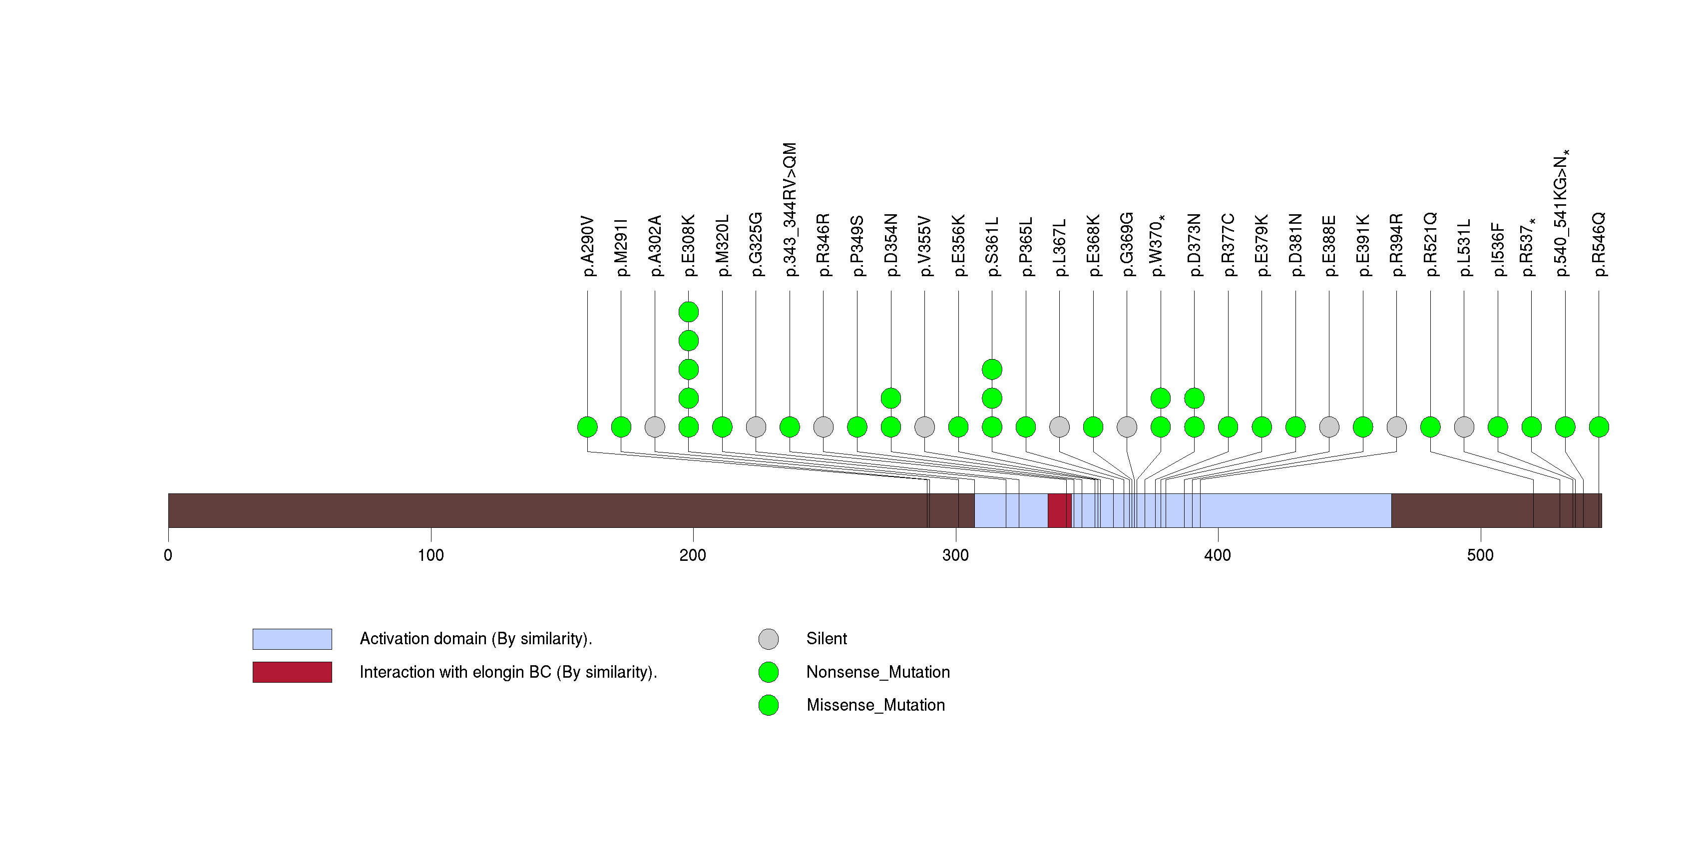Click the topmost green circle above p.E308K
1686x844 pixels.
[689, 312]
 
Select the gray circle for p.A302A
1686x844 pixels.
[655, 427]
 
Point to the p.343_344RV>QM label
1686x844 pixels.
[790, 209]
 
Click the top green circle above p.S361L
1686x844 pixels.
[992, 370]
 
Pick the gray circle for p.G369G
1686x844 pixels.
[1127, 427]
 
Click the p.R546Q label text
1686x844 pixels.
[1599, 244]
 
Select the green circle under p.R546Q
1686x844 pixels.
[1599, 427]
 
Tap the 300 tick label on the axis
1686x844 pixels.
[955, 555]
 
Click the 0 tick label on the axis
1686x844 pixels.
[168, 555]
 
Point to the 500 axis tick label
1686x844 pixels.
[1480, 555]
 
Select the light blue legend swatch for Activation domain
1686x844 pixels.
[292, 639]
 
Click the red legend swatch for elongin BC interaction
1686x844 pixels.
[292, 672]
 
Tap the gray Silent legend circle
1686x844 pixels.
[769, 639]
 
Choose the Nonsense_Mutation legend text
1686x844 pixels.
[877, 672]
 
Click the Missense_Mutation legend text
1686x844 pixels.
[876, 705]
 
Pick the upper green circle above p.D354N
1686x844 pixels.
[891, 398]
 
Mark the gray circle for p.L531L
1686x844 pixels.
[1464, 427]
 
